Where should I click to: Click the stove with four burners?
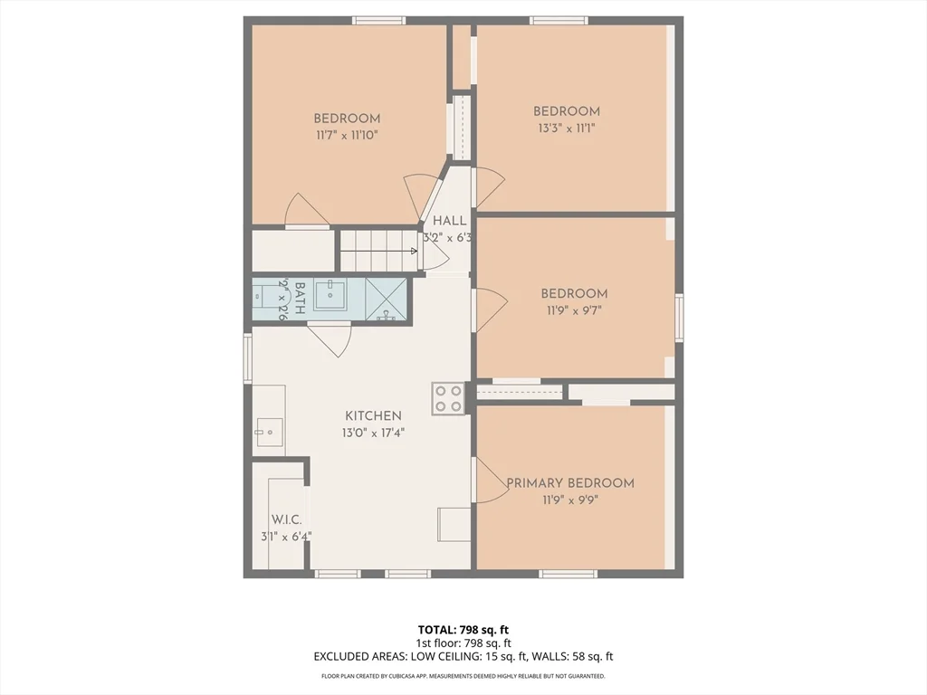[448, 398]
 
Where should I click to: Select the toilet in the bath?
[265, 295]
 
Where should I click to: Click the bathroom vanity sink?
[332, 294]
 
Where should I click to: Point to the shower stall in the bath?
[387, 300]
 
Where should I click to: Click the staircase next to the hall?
[377, 250]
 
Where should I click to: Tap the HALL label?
[450, 221]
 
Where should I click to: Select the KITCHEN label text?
[373, 416]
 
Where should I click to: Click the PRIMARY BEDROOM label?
[570, 483]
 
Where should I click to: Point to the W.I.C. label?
[286, 520]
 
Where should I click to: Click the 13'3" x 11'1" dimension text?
[566, 129]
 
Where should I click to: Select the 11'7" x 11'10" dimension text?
[347, 135]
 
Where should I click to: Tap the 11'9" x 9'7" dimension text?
[573, 309]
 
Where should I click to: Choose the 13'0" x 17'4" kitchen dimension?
[373, 433]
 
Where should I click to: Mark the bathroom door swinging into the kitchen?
[329, 338]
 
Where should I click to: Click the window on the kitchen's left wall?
[247, 358]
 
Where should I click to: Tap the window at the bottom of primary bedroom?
[568, 574]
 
